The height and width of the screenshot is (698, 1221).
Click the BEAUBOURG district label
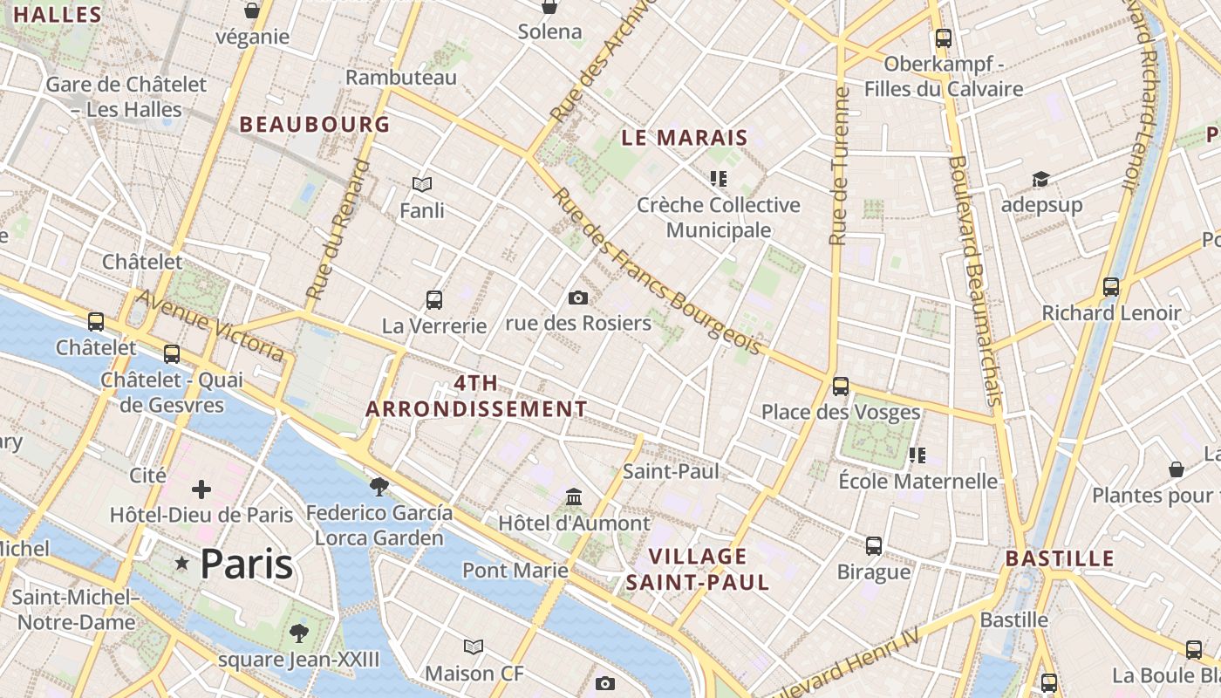tap(315, 124)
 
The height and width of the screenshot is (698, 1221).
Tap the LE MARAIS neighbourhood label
tap(685, 137)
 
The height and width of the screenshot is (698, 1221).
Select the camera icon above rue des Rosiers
tap(577, 298)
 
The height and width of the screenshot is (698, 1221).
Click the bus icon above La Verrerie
tap(434, 300)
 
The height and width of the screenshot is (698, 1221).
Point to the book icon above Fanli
tap(422, 184)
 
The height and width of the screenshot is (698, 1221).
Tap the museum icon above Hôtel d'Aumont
tap(574, 496)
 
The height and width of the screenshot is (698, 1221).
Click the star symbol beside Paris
tap(182, 564)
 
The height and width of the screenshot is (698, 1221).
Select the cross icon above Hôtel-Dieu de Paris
tap(201, 489)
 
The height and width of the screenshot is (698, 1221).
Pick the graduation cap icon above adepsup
tap(1040, 179)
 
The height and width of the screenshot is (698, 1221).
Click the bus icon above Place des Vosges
tap(841, 386)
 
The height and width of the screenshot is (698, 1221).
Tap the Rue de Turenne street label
tap(839, 166)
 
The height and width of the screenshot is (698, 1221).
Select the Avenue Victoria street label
tap(210, 325)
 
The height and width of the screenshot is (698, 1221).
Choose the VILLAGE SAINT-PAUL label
tap(698, 569)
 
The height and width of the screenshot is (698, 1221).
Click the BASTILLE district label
tap(1060, 558)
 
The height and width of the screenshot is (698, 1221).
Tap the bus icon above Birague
tap(874, 546)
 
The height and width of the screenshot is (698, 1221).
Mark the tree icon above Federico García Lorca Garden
tap(379, 486)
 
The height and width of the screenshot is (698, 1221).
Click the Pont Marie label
tap(515, 571)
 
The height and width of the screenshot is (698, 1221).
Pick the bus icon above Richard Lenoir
tap(1111, 286)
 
